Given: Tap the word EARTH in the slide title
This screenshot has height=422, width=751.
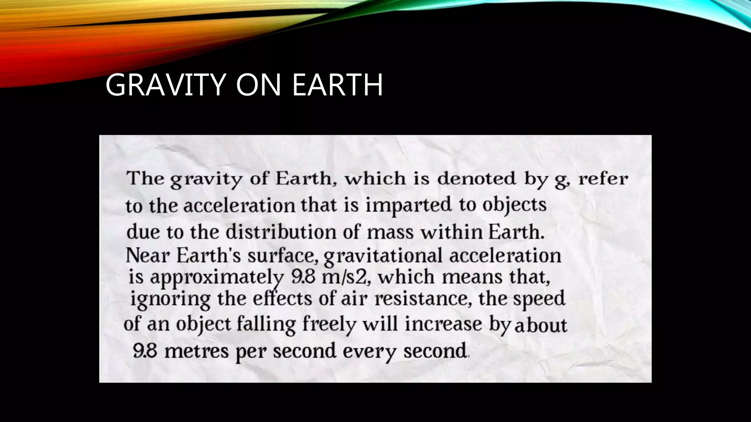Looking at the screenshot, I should click(337, 85).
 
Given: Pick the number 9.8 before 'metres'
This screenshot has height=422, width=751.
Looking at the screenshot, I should click(145, 351).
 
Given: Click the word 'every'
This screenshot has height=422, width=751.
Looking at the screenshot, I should click(370, 352).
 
